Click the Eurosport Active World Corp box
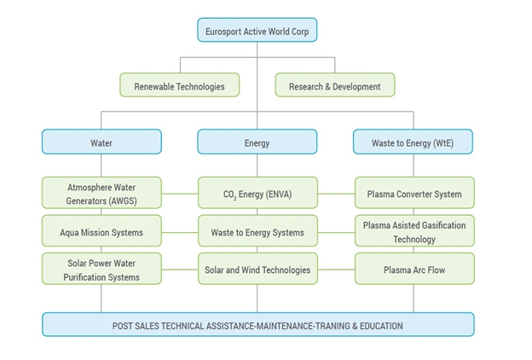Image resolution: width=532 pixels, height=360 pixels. tap(257, 32)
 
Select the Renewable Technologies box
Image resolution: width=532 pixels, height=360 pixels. tap(179, 85)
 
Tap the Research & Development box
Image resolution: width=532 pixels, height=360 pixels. tap(334, 85)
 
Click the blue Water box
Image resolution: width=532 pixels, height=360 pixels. tap(101, 142)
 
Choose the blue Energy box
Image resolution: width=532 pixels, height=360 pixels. tap(257, 142)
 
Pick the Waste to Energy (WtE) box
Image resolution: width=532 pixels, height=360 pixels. tap(413, 142)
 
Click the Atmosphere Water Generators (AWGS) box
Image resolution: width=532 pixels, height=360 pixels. tap(101, 194)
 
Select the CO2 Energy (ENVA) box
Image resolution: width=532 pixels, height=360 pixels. tap(257, 194)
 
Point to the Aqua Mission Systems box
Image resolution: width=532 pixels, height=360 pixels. tap(101, 231)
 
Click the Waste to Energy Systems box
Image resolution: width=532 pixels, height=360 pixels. tap(257, 231)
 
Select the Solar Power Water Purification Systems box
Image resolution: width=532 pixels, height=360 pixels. tap(101, 270)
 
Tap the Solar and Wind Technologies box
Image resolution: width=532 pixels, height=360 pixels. tap(257, 270)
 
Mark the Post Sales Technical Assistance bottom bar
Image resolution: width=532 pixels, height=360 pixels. tap(257, 325)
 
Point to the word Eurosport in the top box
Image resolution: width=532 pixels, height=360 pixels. tap(225, 32)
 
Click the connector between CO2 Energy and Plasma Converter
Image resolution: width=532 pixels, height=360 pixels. tap(335, 194)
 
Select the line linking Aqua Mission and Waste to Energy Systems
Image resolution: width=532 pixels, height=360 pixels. tap(179, 231)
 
